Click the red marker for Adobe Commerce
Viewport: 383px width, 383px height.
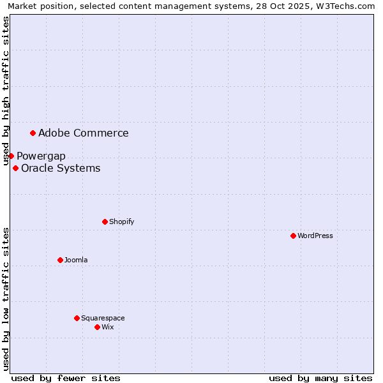click(33, 133)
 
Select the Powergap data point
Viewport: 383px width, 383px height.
click(11, 156)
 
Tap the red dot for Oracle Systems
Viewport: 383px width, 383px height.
click(16, 168)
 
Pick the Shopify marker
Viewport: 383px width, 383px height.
click(105, 222)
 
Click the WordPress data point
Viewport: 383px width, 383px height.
click(294, 236)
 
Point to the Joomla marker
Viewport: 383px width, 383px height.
click(61, 260)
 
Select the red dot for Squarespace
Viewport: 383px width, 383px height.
click(77, 318)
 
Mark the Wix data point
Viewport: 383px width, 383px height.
click(98, 327)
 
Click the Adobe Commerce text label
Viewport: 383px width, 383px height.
click(84, 133)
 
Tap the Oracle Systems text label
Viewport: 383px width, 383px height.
click(61, 169)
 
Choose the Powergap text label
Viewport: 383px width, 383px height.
click(41, 156)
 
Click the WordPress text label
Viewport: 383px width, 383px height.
click(315, 236)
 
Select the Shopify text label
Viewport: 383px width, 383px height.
click(122, 222)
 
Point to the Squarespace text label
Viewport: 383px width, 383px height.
click(103, 318)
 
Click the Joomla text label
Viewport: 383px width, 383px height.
click(76, 260)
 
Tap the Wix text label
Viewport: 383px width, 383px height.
click(108, 327)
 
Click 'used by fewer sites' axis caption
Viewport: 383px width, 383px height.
click(66, 378)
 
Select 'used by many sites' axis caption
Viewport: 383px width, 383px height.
click(320, 378)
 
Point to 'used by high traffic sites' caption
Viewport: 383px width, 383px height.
click(6, 91)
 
